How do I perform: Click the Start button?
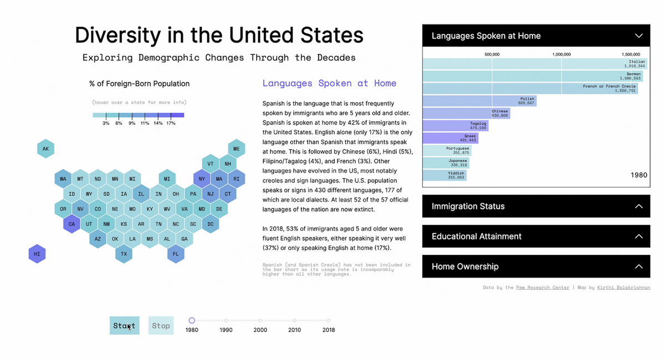[x=124, y=325]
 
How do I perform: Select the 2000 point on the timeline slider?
[x=260, y=320]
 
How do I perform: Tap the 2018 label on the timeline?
[x=329, y=330]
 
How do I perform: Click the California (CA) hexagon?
[x=71, y=224]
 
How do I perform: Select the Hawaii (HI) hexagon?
[x=37, y=254]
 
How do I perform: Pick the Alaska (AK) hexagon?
[x=45, y=149]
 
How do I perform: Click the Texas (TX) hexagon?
[x=124, y=254]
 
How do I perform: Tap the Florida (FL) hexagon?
[x=176, y=254]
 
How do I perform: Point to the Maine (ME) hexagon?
[x=237, y=149]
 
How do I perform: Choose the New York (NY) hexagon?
[x=202, y=179]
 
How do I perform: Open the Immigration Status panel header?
[x=536, y=206]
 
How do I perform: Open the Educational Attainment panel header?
[x=536, y=236]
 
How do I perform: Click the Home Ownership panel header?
[x=536, y=266]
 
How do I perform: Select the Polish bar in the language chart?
[x=479, y=101]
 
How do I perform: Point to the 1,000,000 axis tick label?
[x=561, y=54]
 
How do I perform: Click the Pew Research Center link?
[x=543, y=288]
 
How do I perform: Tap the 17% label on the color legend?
[x=171, y=123]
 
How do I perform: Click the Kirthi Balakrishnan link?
[x=623, y=288]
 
